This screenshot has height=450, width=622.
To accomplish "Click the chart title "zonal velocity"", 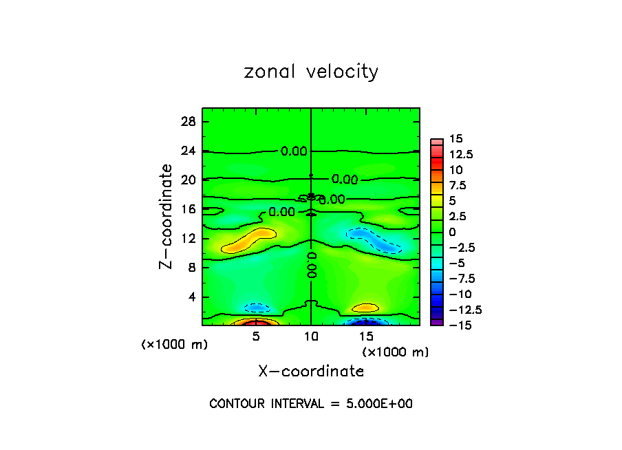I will pos(311,72).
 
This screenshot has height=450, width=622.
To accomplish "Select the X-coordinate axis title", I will pos(311,372).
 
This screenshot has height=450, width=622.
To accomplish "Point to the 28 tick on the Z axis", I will pos(189,122).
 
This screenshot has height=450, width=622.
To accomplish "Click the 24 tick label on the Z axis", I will pos(189,151).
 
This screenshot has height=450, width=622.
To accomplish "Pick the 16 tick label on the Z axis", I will pos(189,209).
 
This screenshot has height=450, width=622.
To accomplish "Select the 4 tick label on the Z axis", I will pos(192,297).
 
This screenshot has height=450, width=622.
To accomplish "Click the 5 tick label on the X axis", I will pos(256,336).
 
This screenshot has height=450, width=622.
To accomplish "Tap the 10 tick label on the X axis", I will pos(311,336).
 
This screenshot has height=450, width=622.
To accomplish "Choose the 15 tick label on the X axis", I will pos(366,336).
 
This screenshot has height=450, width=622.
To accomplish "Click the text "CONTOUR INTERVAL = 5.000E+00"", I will pos(311,404).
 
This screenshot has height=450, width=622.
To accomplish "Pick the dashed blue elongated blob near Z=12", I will pos(375,240).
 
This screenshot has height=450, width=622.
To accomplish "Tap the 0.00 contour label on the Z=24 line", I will pos(294,151).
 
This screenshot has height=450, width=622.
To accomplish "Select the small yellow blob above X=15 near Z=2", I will pos(365,308).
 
